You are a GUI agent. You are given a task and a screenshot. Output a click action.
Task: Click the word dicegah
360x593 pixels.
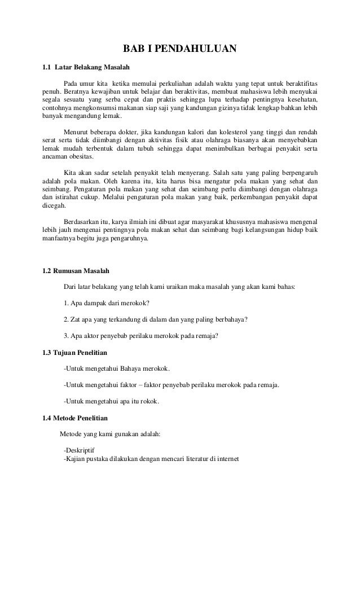(55, 207)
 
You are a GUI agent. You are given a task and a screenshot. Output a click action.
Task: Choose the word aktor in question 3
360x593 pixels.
(95, 336)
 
